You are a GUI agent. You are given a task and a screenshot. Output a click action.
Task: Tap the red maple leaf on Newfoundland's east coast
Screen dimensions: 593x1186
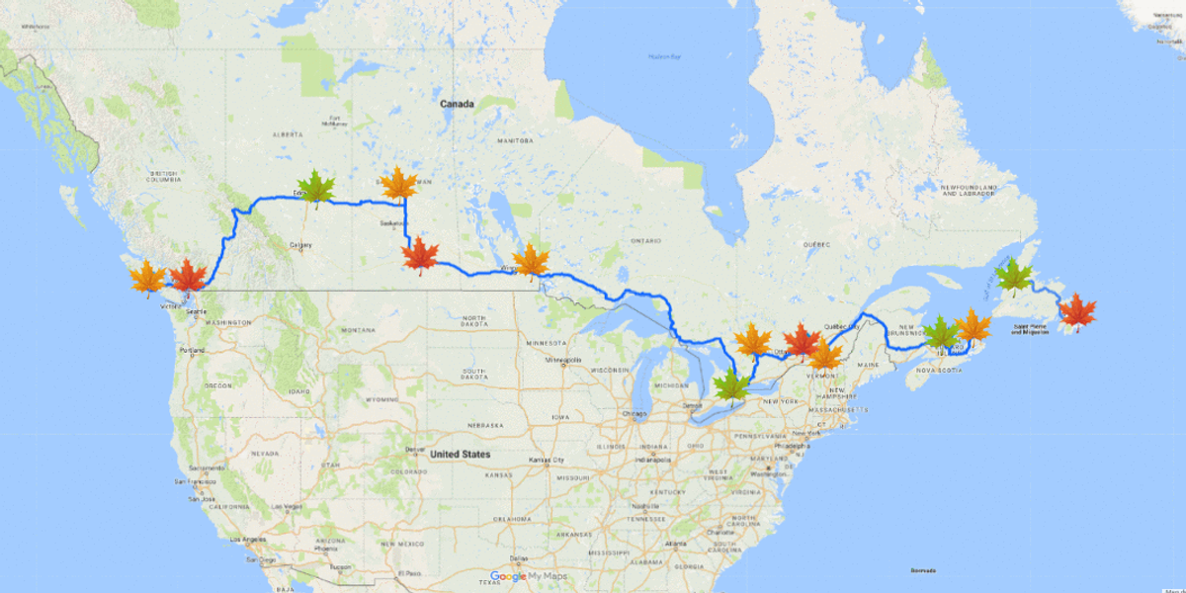coord(1077,311)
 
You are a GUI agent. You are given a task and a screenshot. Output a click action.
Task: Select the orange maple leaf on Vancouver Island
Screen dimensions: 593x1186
coord(147,278)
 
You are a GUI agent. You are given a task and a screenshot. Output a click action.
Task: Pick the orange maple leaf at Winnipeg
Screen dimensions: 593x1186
coord(532,261)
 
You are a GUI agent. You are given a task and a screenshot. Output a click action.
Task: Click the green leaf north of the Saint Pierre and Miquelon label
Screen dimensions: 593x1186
coord(1014,278)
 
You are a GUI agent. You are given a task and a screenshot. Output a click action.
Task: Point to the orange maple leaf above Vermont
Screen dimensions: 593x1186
coord(824,355)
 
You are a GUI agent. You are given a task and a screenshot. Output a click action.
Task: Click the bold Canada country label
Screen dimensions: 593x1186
coord(458,104)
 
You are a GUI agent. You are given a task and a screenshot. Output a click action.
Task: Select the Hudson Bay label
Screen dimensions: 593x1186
coord(665,56)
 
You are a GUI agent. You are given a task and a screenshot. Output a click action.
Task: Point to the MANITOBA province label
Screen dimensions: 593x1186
coord(514,141)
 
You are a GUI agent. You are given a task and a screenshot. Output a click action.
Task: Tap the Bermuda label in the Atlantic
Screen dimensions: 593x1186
coord(923,570)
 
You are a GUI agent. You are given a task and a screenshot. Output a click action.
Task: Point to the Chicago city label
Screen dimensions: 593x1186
coord(635,414)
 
